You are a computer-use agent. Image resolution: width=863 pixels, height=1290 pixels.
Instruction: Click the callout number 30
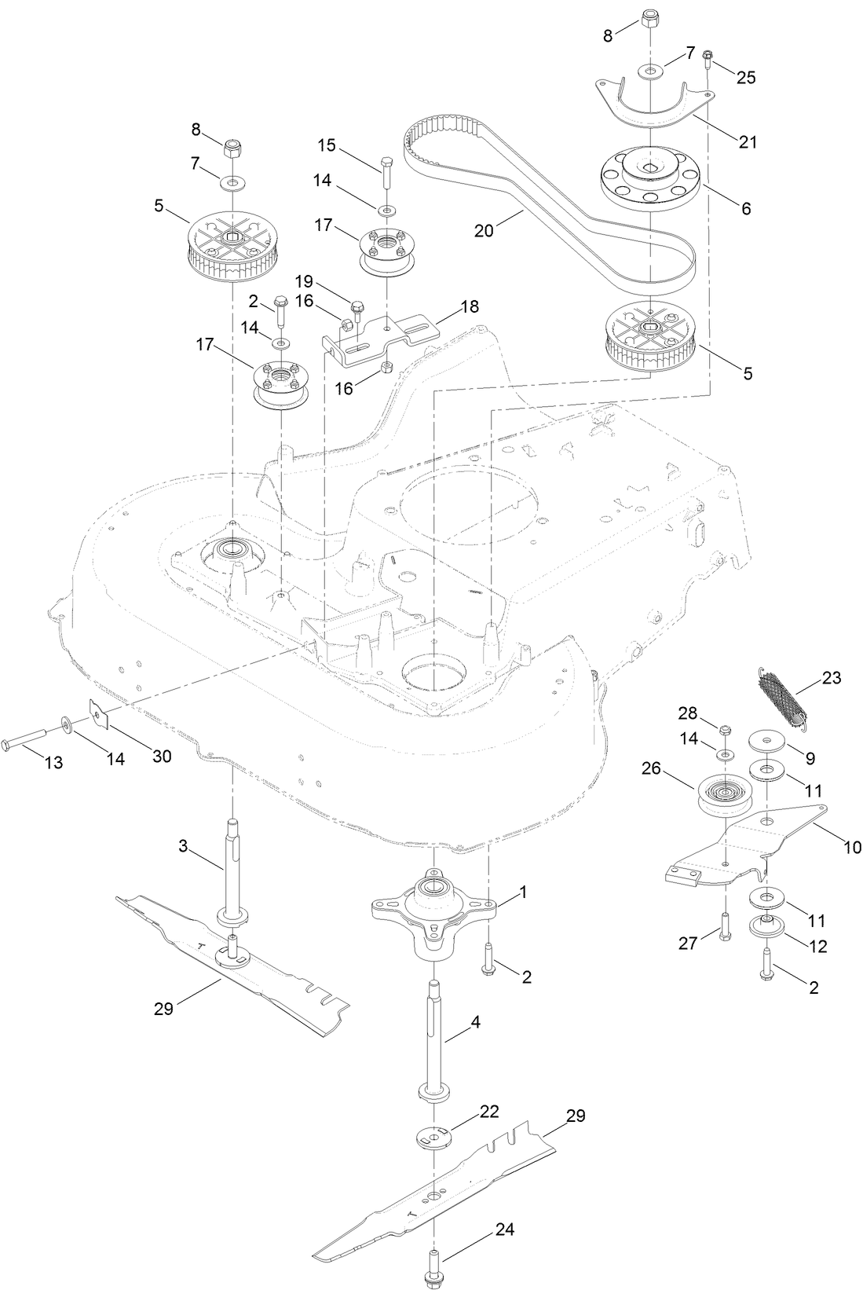pyautogui.click(x=163, y=757)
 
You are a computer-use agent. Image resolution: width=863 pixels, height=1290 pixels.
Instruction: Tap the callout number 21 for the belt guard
pyautogui.click(x=748, y=141)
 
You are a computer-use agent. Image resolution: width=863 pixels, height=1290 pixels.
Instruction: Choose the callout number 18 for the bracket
pyautogui.click(x=470, y=306)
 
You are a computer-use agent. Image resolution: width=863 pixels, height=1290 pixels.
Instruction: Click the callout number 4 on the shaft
pyautogui.click(x=475, y=1023)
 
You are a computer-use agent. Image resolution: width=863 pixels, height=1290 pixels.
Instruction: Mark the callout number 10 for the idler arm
pyautogui.click(x=852, y=847)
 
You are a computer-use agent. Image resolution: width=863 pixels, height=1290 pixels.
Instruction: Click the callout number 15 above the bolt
pyautogui.click(x=327, y=145)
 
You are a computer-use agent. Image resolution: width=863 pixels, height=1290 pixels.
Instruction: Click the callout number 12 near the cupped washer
pyautogui.click(x=817, y=947)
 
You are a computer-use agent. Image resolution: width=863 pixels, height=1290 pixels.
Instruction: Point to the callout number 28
pyautogui.click(x=688, y=712)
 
